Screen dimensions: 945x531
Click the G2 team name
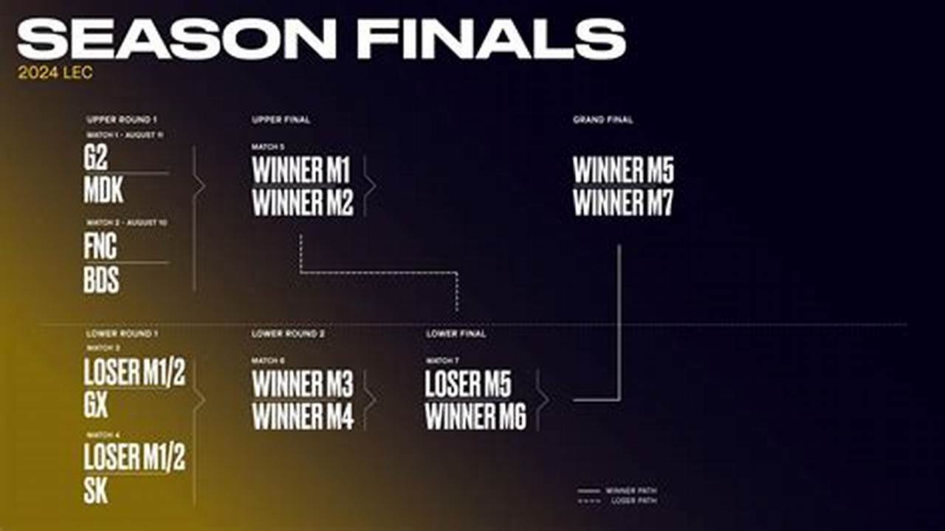[x=96, y=159]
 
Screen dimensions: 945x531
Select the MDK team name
[x=103, y=190]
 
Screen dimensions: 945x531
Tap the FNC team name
[x=100, y=246]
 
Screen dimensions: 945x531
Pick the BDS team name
[x=101, y=280]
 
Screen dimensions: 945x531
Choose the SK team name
[x=96, y=490]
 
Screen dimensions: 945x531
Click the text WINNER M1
[x=301, y=170]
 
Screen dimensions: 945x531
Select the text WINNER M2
[x=303, y=203]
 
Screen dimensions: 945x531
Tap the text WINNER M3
[x=303, y=384]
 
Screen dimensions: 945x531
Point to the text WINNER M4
[x=303, y=417]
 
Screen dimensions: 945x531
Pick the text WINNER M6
[x=475, y=417]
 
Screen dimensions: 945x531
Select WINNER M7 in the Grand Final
[x=623, y=203]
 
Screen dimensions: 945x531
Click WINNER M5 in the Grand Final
[x=623, y=170]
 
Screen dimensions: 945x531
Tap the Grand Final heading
[x=602, y=119]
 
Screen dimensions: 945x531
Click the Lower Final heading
[x=456, y=334]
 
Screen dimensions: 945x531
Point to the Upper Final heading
[x=281, y=119]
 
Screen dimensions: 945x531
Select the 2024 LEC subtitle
[x=55, y=74]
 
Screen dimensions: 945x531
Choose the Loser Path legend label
[x=633, y=501]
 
